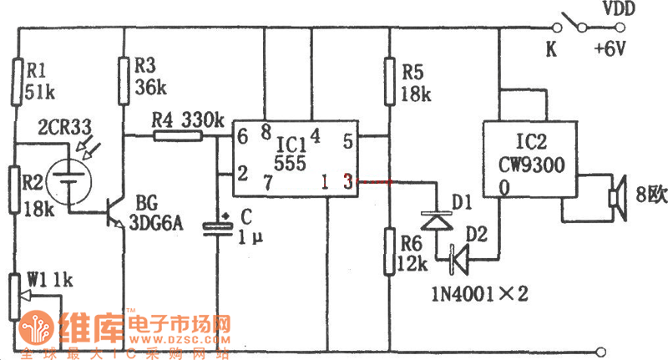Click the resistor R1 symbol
(16, 80)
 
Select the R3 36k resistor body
(124, 80)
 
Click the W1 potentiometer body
(16, 296)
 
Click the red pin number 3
(344, 180)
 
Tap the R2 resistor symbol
(16, 193)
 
